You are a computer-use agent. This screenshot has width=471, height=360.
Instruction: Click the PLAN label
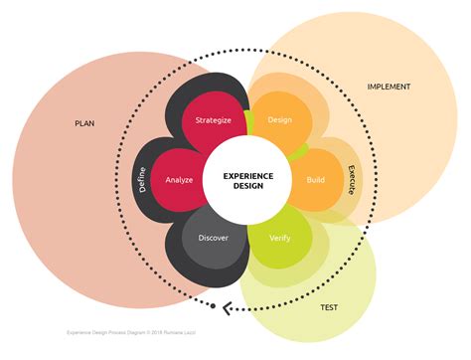tap(84, 124)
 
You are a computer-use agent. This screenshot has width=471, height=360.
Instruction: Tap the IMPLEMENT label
tap(389, 87)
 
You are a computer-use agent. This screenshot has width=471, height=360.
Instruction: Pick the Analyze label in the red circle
tap(179, 181)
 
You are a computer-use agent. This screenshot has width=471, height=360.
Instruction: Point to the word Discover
tap(213, 239)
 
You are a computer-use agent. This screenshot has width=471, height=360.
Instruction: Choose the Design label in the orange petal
tap(279, 120)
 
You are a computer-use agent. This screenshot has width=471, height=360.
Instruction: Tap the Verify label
tap(280, 239)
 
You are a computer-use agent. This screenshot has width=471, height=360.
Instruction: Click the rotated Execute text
tap(350, 180)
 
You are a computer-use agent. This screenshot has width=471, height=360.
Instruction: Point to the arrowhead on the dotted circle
tap(227, 307)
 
